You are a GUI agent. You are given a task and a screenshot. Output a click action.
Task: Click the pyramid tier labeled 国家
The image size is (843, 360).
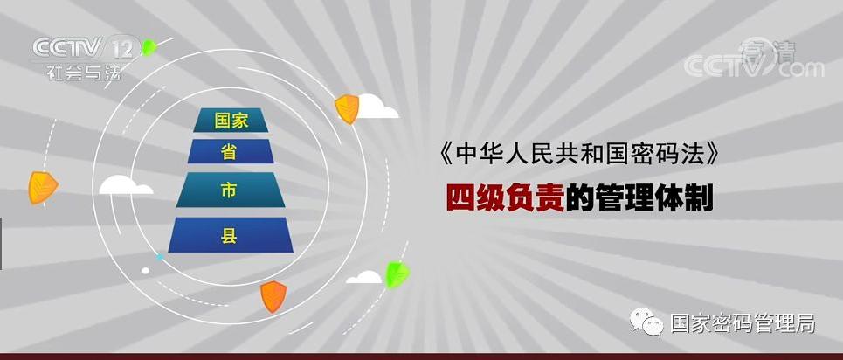click(231, 120)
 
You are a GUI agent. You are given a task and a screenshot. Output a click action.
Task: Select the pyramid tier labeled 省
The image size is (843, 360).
click(231, 151)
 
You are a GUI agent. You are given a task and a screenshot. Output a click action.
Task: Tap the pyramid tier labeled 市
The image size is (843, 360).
click(231, 190)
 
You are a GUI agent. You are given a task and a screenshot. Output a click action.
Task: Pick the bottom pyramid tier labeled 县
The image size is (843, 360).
click(231, 235)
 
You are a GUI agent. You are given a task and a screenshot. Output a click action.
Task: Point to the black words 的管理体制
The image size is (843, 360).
click(639, 198)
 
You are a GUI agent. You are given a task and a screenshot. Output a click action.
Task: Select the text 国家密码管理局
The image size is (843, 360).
click(743, 323)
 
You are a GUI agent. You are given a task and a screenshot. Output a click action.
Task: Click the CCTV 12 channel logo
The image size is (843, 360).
click(86, 48)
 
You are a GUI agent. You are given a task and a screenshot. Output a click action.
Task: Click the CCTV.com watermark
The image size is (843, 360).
click(754, 66)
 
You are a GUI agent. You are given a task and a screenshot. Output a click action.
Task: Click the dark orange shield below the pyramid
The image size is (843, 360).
click(273, 296)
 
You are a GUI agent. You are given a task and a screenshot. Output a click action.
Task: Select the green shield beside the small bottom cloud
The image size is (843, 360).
click(397, 274)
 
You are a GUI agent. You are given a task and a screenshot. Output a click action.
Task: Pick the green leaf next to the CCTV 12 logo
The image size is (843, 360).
click(149, 47)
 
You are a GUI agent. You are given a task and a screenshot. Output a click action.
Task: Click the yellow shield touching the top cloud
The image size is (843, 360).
click(347, 108)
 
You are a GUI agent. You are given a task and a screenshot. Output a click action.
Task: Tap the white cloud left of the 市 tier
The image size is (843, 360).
click(126, 185)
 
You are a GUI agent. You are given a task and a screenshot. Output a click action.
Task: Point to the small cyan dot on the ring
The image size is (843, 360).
click(159, 257)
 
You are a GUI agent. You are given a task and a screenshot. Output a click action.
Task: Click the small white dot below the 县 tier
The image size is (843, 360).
click(145, 271)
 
